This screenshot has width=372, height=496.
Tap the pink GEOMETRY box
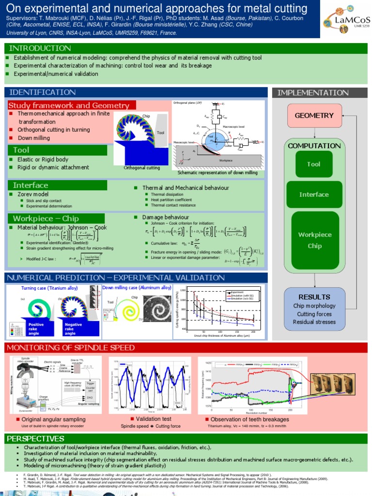click(314, 115)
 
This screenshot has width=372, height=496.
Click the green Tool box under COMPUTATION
click(314, 164)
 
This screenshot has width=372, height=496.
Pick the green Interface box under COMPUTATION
click(314, 195)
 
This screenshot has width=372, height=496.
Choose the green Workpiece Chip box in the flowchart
click(314, 240)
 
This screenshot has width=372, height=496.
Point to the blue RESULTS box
click(314, 309)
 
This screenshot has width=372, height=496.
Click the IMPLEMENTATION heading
click(313, 93)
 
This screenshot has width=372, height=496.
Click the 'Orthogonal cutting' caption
click(142, 168)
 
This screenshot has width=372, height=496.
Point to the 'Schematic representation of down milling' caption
click(217, 172)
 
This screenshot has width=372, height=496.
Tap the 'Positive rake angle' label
click(36, 329)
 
